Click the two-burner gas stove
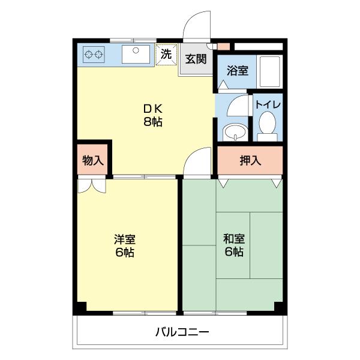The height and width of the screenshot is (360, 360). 93,55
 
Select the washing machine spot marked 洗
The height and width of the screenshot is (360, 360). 166,55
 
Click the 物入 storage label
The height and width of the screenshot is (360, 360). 93,160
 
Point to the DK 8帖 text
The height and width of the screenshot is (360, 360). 152,115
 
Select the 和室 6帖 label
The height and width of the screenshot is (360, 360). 233,246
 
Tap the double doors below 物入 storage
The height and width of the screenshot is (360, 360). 92,185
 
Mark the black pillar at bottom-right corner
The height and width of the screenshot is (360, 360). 278,306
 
